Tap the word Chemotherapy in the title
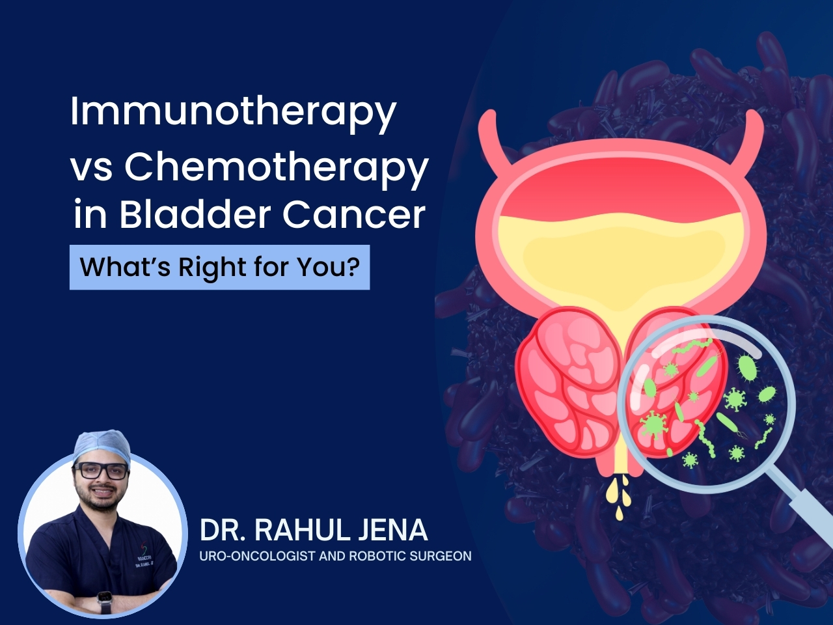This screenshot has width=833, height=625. pyautogui.click(x=277, y=168)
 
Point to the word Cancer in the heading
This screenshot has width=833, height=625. pyautogui.click(x=353, y=215)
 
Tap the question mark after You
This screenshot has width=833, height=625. pyautogui.click(x=353, y=266)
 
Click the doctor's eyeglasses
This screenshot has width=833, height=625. pyautogui.click(x=102, y=471)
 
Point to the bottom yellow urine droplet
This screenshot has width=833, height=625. pyautogui.click(x=620, y=514)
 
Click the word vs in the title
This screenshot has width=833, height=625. pyautogui.click(x=92, y=170)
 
